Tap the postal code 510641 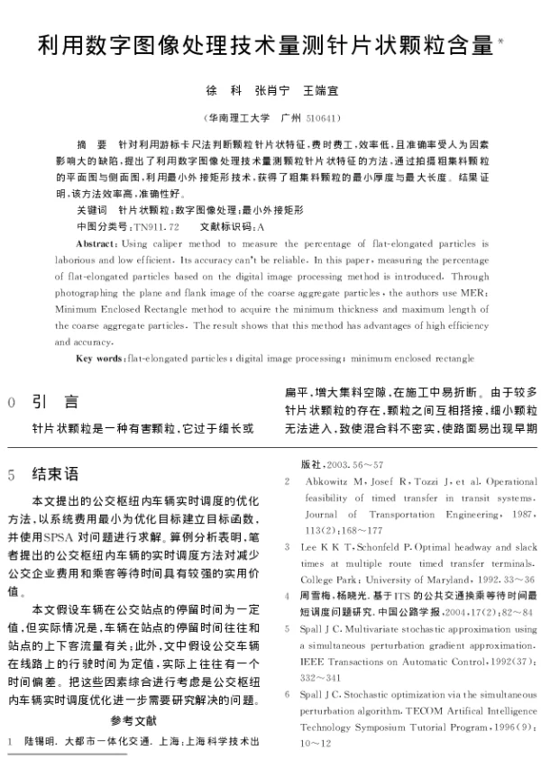(x=322, y=118)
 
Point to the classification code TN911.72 (x=155, y=226)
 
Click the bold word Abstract (x=95, y=244)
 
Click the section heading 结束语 (x=55, y=473)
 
